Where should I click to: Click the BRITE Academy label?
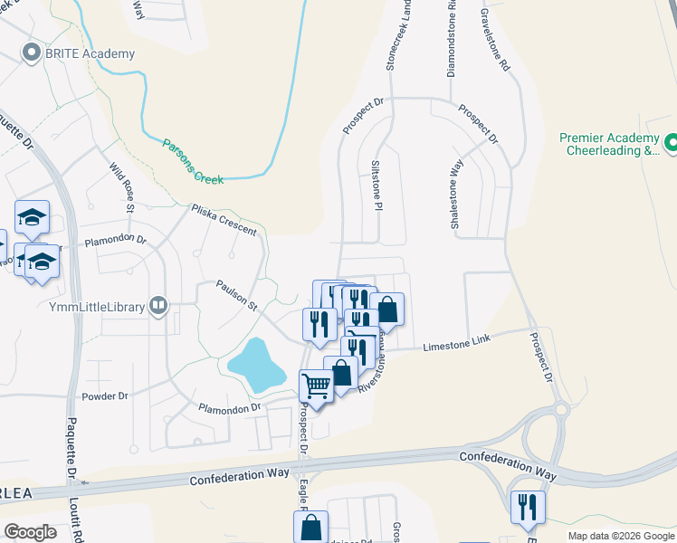coord(91,53)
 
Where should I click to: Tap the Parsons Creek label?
coord(193,161)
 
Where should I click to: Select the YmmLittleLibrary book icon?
coord(159,306)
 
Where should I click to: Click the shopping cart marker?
coord(316,386)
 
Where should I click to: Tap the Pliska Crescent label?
coord(224,219)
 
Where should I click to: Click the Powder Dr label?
coord(105,396)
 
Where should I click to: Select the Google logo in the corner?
coord(31,532)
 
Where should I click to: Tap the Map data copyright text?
coord(620,536)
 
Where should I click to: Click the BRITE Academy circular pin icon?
coord(34,53)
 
